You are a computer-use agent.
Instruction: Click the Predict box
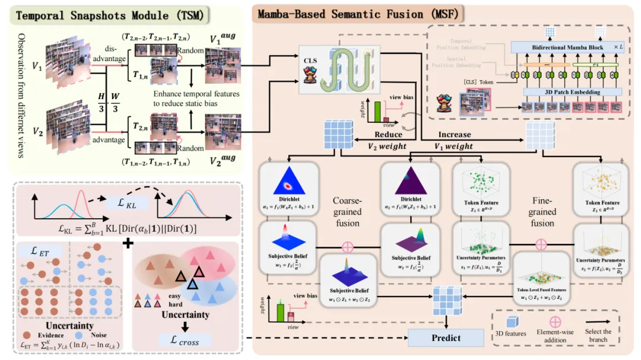[445, 337]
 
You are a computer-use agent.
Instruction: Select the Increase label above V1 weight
[455, 135]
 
